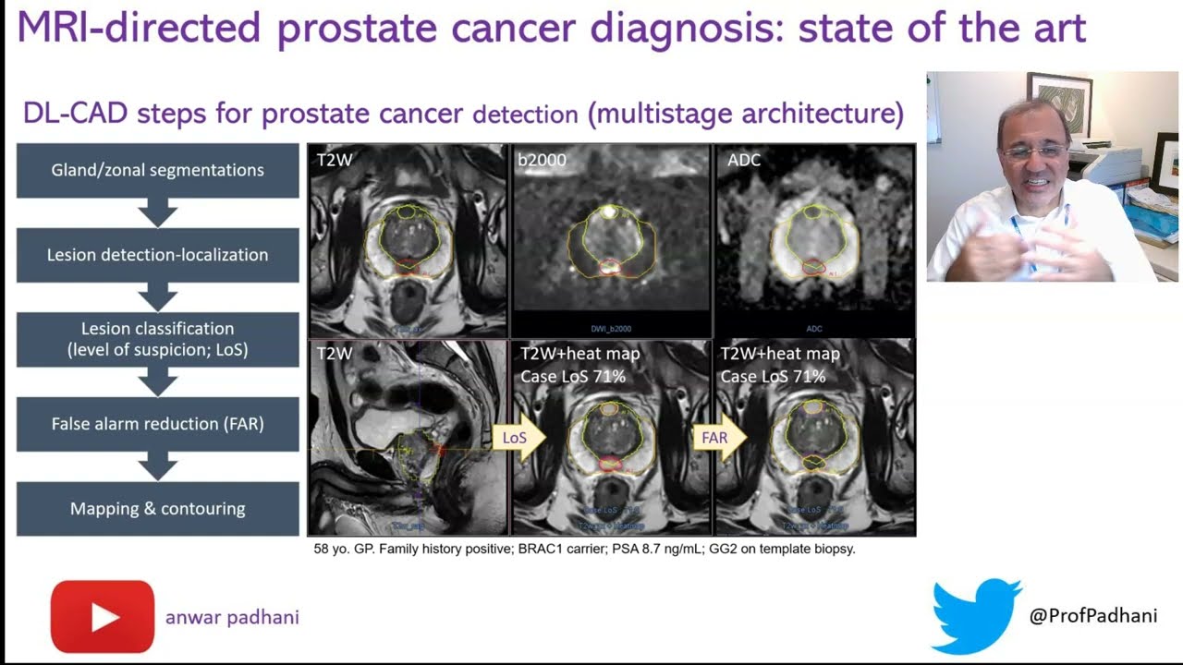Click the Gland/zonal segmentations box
coord(158,170)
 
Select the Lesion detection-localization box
coord(158,255)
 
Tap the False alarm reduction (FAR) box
coord(158,424)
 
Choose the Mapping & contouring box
coord(158,509)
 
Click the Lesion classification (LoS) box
coord(158,339)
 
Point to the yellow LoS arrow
coord(518,438)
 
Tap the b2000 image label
coord(542,160)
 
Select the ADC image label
coord(744,160)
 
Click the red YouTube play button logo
coord(103,616)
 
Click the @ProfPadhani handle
coord(1092,616)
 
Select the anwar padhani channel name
coord(232,617)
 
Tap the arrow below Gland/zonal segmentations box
coord(158,213)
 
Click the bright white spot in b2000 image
coord(609,212)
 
